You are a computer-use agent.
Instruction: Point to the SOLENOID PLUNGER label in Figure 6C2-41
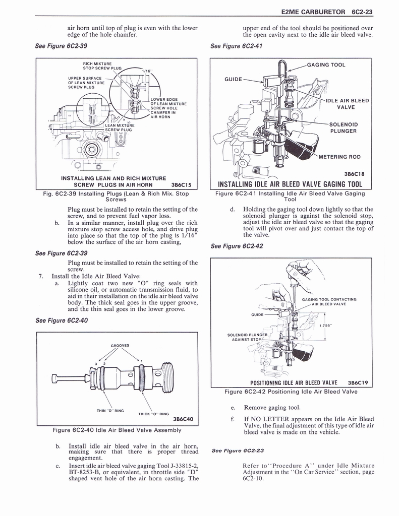(x=344, y=128)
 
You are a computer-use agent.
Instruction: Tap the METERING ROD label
(x=339, y=157)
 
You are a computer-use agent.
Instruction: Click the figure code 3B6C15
(x=183, y=184)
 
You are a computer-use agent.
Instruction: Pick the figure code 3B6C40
(x=183, y=419)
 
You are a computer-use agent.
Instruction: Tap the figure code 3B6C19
(x=358, y=382)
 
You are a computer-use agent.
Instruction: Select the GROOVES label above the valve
(x=120, y=346)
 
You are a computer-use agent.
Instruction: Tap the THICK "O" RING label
(x=153, y=414)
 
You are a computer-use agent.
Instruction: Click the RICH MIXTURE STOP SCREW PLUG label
(x=102, y=66)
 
